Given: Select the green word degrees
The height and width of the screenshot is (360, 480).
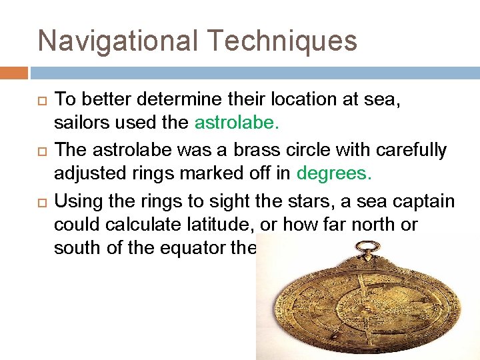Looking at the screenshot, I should pos(334,173).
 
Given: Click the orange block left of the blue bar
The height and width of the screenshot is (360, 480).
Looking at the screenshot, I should pos(14,73).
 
